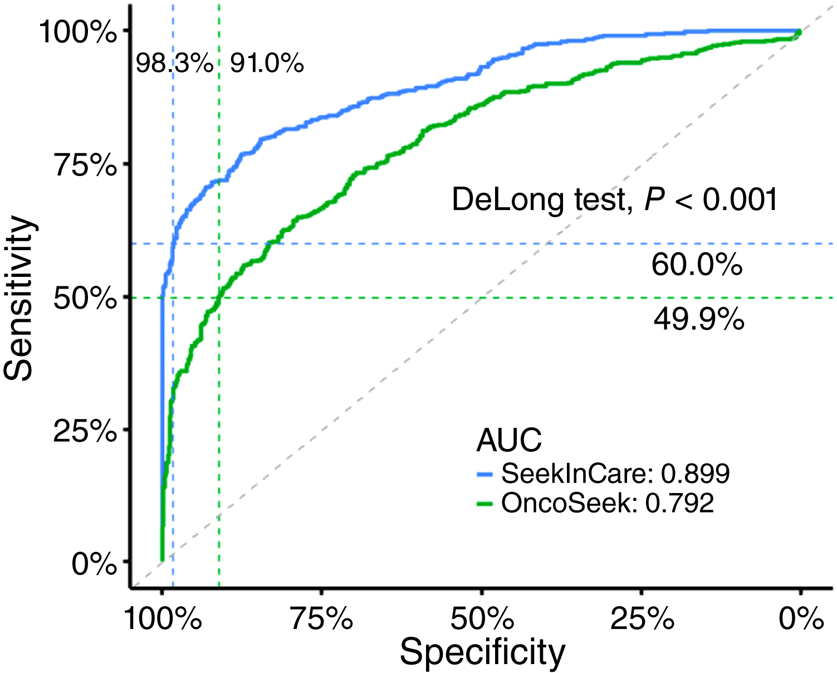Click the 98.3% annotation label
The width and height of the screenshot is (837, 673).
pos(175,64)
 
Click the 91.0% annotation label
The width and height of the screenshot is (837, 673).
pos(267,64)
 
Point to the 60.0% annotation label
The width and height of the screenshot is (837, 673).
pos(697,265)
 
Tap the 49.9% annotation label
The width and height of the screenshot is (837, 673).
pos(699,320)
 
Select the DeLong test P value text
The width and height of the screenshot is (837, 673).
pos(614,199)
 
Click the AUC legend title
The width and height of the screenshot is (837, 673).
pos(509,441)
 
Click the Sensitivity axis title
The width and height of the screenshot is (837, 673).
pos(19,298)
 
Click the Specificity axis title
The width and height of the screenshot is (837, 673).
pos(482,652)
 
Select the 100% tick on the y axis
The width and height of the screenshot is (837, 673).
pos(78,32)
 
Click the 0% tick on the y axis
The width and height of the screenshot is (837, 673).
pos(94,564)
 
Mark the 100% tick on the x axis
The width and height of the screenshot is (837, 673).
pos(163,618)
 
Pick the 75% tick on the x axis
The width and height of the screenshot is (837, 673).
pos(322,618)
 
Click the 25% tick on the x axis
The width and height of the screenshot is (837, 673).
pos(642,618)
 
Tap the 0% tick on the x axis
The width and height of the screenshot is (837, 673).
pos(801,618)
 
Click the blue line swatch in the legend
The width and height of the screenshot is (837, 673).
pos(486,474)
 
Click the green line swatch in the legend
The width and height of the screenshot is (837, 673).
pos(486,504)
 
